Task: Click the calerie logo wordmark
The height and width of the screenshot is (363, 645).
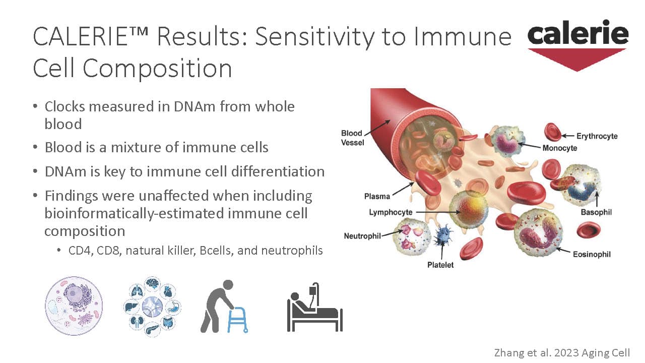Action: [578, 33]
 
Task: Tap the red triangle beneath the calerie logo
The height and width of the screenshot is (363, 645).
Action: [577, 59]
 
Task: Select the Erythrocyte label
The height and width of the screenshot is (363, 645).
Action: [597, 136]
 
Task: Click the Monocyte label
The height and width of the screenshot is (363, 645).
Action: [560, 148]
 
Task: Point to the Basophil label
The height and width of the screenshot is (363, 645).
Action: [596, 212]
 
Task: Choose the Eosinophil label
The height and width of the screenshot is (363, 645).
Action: [592, 255]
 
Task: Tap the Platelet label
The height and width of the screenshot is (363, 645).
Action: [440, 265]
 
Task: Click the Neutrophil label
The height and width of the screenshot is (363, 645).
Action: [362, 236]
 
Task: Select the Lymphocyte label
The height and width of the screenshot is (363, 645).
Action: [391, 212]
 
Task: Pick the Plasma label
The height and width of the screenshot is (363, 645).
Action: [377, 197]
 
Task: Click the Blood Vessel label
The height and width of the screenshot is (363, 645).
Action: [352, 138]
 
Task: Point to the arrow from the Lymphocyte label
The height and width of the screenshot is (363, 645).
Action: [438, 212]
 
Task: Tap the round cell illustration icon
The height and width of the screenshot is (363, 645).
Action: [74, 306]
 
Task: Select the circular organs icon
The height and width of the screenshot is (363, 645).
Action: [152, 307]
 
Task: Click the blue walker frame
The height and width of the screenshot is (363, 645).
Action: [237, 320]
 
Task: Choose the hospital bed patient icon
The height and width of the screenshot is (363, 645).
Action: [315, 307]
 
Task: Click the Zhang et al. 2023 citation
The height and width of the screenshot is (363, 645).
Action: [562, 352]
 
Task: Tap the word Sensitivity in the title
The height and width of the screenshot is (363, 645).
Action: [315, 37]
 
